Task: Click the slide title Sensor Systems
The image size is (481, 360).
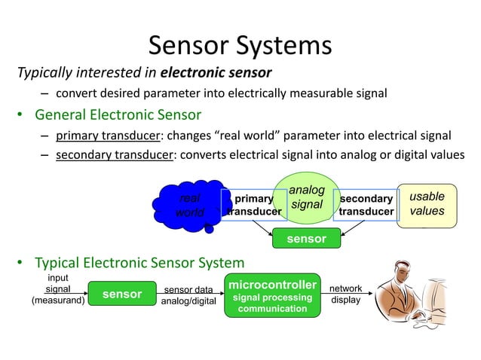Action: coord(240,45)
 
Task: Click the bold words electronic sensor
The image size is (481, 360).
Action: coord(216,73)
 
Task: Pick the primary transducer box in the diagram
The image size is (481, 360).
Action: coord(253,205)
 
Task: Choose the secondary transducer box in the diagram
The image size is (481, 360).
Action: coord(366,205)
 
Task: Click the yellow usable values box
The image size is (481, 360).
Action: coord(427,204)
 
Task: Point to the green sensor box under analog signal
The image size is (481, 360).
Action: coord(306,239)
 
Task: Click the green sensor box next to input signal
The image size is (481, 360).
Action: coord(122,294)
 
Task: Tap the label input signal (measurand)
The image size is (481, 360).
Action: coord(57,290)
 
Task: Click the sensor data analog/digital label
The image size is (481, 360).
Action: coord(188,295)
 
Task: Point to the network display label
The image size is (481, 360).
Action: coord(346,294)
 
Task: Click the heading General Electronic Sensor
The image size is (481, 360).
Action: coord(118,115)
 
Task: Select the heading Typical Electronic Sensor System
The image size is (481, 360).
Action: coord(139,263)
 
